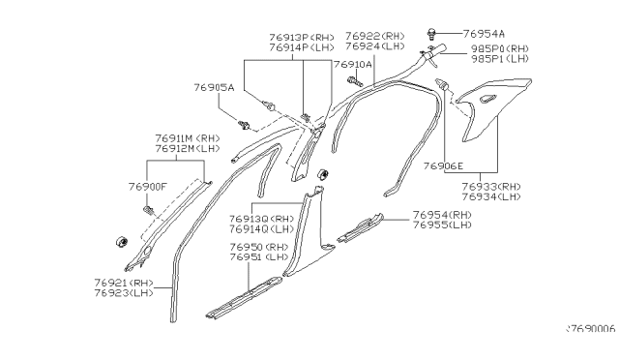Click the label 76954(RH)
(441, 215)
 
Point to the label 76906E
(443, 166)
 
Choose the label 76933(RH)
(490, 185)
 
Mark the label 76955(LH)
(441, 225)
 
